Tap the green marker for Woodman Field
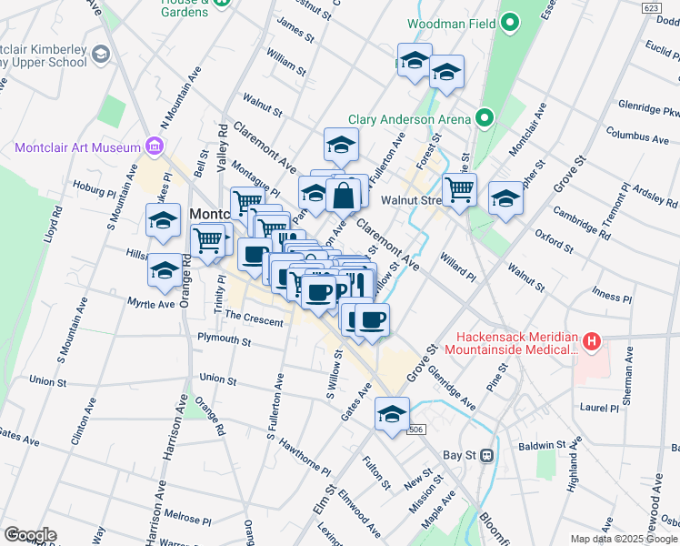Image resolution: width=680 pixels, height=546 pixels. point(510,21)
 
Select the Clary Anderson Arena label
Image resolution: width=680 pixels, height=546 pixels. point(409,119)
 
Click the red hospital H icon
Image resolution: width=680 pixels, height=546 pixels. point(593,342)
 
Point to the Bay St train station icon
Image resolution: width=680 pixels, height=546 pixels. point(487,454)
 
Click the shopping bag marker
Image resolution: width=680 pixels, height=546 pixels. point(345,196)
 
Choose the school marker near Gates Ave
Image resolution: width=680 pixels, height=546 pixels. point(392,414)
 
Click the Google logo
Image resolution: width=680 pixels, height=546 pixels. point(30,535)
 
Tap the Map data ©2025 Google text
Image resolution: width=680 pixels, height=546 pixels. point(624,538)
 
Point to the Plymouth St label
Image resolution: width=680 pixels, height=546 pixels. point(224,339)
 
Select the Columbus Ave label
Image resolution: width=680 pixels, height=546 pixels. point(637,138)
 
